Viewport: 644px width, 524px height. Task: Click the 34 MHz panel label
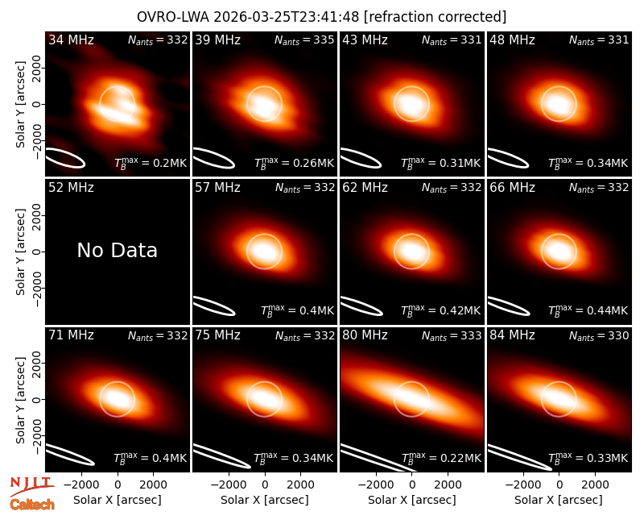click(x=71, y=40)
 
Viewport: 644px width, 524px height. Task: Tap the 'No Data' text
click(x=117, y=250)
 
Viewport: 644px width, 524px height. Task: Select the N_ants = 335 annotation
click(x=304, y=40)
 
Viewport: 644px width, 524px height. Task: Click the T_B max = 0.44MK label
click(x=588, y=310)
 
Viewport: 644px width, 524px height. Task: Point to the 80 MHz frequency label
click(x=365, y=335)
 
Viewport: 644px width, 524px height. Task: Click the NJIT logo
click(x=31, y=486)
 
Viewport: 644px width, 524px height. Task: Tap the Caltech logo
click(x=32, y=505)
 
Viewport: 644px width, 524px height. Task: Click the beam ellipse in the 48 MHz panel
click(x=508, y=158)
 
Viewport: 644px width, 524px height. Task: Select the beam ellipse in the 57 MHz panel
click(x=213, y=306)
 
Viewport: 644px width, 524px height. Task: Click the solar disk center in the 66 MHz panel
click(x=559, y=252)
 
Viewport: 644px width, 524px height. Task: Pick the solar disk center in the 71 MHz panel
click(x=117, y=399)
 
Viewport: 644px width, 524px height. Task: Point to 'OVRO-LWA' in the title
click(x=173, y=17)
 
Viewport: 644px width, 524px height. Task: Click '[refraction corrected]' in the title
click(x=435, y=17)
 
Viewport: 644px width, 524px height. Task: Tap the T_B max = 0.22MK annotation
click(x=441, y=458)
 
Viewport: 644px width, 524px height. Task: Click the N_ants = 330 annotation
click(x=599, y=335)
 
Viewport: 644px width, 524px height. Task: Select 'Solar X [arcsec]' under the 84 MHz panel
click(x=559, y=500)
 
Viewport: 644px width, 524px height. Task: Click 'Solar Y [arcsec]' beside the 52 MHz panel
click(x=21, y=252)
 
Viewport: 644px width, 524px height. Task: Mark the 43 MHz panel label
click(x=365, y=40)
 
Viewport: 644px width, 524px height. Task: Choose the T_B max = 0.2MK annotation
click(x=151, y=163)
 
